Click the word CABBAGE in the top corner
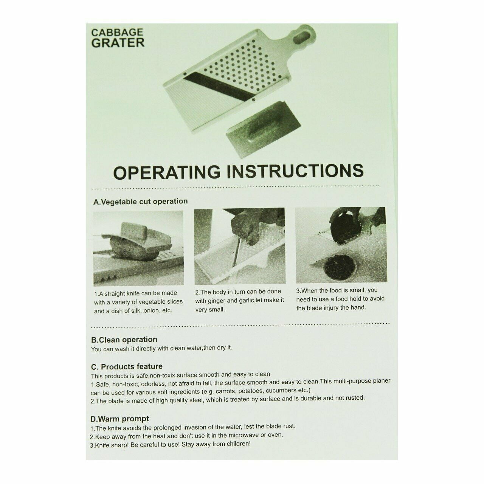117,33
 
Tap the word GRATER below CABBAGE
118,43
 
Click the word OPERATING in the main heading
167,172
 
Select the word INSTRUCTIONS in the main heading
295,171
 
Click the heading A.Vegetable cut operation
140,202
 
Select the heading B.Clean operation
124,340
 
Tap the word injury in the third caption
329,308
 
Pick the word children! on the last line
239,444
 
